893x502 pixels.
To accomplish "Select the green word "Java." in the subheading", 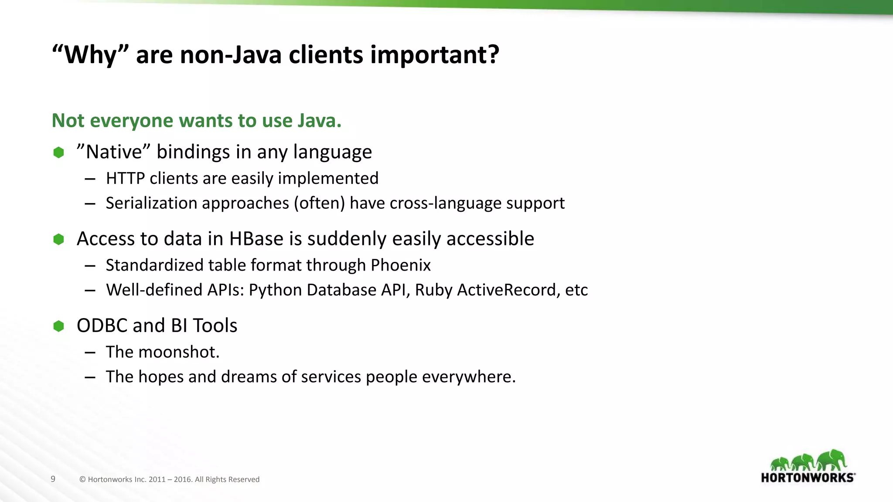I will pyautogui.click(x=320, y=121).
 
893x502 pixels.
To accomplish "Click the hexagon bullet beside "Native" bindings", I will pyautogui.click(x=58, y=153).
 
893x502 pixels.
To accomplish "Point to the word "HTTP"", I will pyautogui.click(x=125, y=179).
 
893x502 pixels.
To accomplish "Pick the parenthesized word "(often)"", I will pyautogui.click(x=319, y=204).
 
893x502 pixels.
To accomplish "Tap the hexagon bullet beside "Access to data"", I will pyautogui.click(x=58, y=239).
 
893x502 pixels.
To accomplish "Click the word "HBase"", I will pyautogui.click(x=256, y=239).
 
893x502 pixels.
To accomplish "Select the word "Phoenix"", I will pyautogui.click(x=400, y=265).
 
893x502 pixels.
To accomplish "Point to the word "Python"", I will pyautogui.click(x=276, y=290).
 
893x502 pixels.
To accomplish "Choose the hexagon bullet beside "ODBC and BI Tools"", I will pyautogui.click(x=58, y=326).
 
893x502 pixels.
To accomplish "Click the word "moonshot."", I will pyautogui.click(x=179, y=352).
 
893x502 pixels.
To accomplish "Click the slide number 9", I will pyautogui.click(x=53, y=479).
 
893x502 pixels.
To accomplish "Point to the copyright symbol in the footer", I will pyautogui.click(x=82, y=480).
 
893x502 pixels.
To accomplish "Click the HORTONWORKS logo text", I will pyautogui.click(x=807, y=478).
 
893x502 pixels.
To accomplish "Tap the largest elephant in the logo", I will pyautogui.click(x=832, y=460).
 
